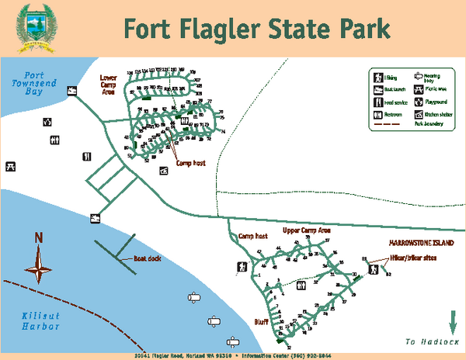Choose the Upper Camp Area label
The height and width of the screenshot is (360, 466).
tap(306, 230)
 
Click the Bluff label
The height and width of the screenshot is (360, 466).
tap(261, 319)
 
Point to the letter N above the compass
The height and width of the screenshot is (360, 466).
tap(39, 238)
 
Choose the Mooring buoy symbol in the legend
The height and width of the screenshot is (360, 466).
tap(418, 77)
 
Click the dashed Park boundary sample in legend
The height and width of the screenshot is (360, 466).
tap(387, 124)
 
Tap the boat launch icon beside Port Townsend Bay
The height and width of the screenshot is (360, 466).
tap(71, 92)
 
